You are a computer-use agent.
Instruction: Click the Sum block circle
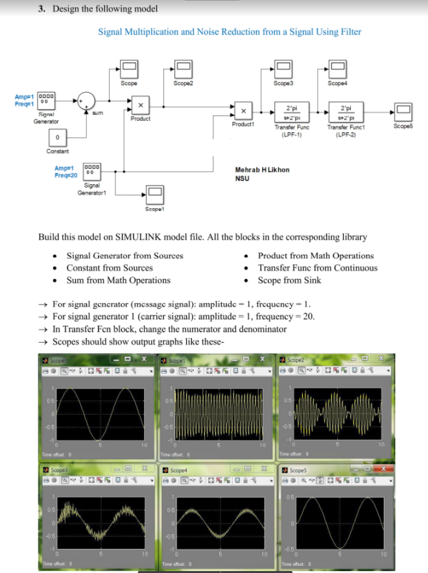pos(86,101)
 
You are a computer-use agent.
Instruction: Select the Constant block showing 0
pos(58,138)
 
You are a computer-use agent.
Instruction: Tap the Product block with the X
pos(140,104)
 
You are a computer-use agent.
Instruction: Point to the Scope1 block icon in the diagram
pos(154,192)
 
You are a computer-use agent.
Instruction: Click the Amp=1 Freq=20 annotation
pos(65,171)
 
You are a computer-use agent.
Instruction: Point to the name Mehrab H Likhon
pos(262,169)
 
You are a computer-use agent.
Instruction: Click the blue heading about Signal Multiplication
pos(230,32)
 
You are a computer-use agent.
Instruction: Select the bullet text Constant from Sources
pos(110,267)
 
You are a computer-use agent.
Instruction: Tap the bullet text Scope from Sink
pos(289,280)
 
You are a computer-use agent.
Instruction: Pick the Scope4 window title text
pos(179,469)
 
